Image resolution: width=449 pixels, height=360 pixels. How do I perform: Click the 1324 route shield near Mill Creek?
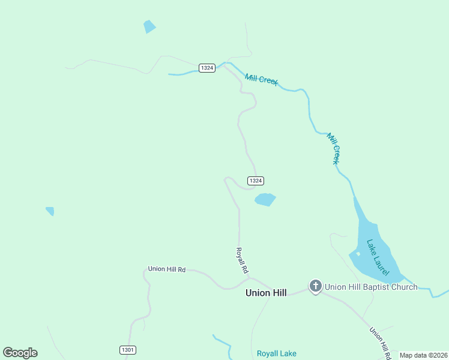[x=207, y=68]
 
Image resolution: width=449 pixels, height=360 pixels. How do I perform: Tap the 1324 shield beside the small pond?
[x=255, y=181]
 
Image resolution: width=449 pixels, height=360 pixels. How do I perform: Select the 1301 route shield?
[x=128, y=350]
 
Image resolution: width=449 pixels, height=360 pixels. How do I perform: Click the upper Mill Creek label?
[x=261, y=79]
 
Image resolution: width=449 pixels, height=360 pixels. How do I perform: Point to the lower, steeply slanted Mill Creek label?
[x=334, y=148]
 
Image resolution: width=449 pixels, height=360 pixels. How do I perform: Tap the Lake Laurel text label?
[x=378, y=257]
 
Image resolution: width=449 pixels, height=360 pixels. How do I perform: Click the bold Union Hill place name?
[x=266, y=293]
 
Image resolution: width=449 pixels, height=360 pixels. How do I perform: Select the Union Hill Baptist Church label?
[x=371, y=287]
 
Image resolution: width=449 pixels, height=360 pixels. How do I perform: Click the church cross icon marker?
[x=316, y=286]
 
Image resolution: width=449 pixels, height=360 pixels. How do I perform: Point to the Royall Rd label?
[x=241, y=261]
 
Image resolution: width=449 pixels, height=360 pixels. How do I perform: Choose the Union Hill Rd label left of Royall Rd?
[x=167, y=269]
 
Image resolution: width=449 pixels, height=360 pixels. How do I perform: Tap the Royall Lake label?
[x=277, y=353]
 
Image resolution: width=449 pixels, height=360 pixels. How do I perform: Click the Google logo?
[x=20, y=353]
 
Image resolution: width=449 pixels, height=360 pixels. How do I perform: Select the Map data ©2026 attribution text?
[x=423, y=355]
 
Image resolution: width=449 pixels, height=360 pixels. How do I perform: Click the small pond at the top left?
[x=149, y=26]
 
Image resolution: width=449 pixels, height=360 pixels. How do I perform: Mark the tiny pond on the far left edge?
[x=50, y=211]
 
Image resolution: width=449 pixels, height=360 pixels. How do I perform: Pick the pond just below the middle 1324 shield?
[x=265, y=199]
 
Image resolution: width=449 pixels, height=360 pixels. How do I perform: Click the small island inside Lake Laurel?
[x=358, y=254]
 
